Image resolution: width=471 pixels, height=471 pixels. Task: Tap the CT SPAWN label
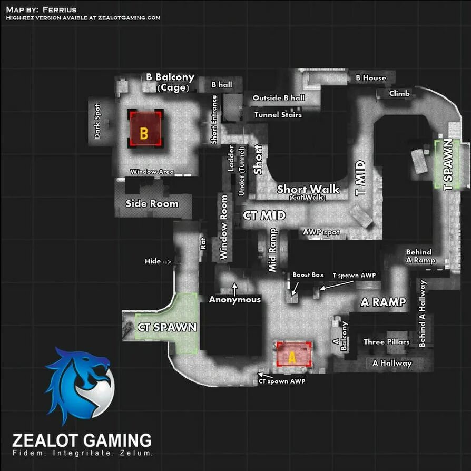click(x=167, y=327)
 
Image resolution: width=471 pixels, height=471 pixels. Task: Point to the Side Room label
click(x=152, y=204)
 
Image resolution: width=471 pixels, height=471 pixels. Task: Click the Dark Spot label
click(x=97, y=121)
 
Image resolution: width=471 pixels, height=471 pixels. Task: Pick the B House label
click(x=371, y=78)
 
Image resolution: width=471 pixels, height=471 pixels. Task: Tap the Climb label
click(x=399, y=94)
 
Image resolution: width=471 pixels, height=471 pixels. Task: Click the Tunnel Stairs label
click(x=278, y=114)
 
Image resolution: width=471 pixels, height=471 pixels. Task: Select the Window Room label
click(x=223, y=227)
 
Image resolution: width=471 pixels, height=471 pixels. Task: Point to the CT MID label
click(x=264, y=215)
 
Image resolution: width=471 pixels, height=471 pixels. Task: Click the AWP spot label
click(x=321, y=232)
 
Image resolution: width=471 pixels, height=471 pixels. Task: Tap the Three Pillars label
click(x=387, y=342)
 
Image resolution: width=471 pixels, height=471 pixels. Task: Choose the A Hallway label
click(x=392, y=363)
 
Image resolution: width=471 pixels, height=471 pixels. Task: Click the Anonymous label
click(x=235, y=300)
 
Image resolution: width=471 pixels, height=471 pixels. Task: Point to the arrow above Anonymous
click(x=235, y=288)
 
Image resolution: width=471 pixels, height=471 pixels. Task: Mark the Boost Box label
click(x=308, y=275)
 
